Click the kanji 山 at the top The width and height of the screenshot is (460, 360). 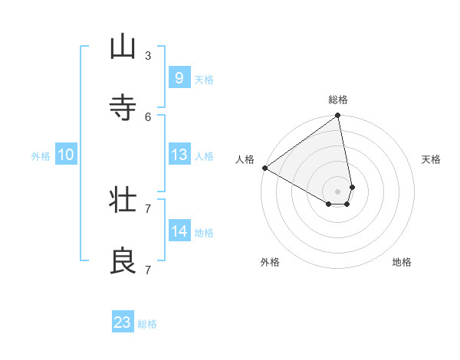click(x=123, y=47)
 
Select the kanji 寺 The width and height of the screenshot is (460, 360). click(x=123, y=108)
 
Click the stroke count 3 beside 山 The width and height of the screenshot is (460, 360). click(x=147, y=55)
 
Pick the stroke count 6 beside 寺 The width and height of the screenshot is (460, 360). click(x=147, y=116)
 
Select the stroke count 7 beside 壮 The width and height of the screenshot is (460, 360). click(x=147, y=208)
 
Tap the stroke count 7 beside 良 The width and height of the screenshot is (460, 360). click(x=147, y=270)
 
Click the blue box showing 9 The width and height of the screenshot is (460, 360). click(x=179, y=77)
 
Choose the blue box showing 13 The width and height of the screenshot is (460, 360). click(x=179, y=154)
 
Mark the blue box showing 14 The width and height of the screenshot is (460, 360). click(x=179, y=231)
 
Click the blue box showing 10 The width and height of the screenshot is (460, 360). click(x=66, y=154)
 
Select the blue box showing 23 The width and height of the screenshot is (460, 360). click(x=123, y=322)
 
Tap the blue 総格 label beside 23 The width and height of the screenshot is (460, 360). click(x=147, y=324)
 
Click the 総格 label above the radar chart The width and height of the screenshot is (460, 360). click(x=338, y=100)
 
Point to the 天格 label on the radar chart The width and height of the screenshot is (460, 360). click(x=432, y=159)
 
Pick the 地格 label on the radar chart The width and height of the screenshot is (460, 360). click(x=402, y=262)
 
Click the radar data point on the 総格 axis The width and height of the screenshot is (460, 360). click(x=338, y=116)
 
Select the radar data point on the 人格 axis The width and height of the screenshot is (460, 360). click(x=264, y=168)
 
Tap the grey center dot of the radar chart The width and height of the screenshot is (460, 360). click(x=338, y=191)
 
